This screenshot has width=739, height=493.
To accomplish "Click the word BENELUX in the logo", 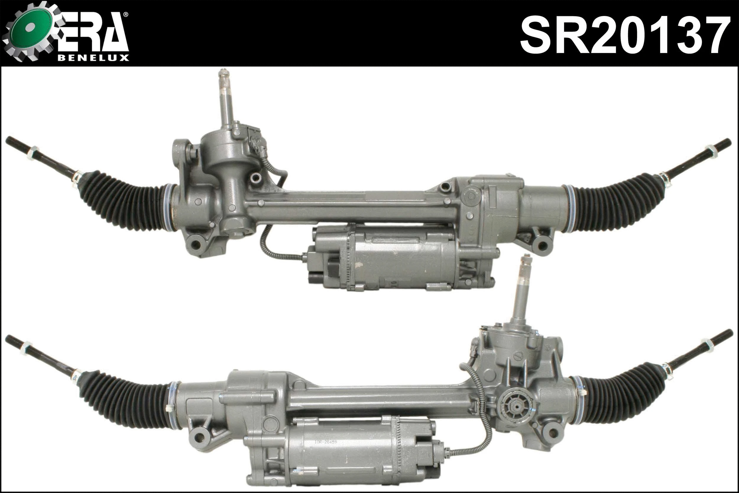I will (94, 58).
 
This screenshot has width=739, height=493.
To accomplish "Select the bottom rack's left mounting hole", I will (199, 437).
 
